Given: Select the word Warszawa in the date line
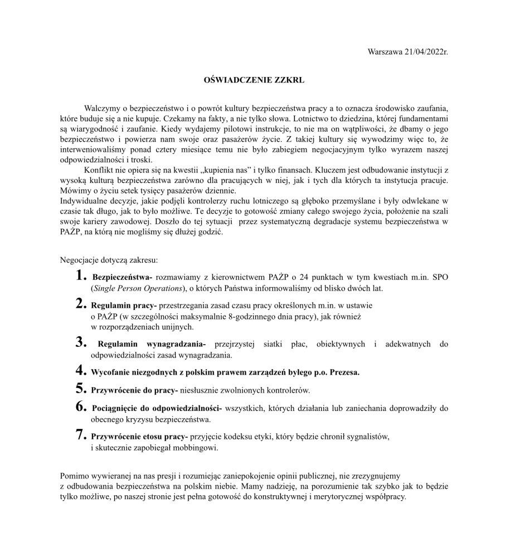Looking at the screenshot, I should [386, 51].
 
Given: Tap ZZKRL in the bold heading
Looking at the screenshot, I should [289, 80].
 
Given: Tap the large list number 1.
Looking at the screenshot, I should [81, 275].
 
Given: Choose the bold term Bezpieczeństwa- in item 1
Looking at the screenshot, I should [122, 277].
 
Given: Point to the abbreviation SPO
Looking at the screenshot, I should [439, 277].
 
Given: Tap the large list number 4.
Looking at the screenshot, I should [81, 370].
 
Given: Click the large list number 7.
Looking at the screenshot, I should [81, 435].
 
